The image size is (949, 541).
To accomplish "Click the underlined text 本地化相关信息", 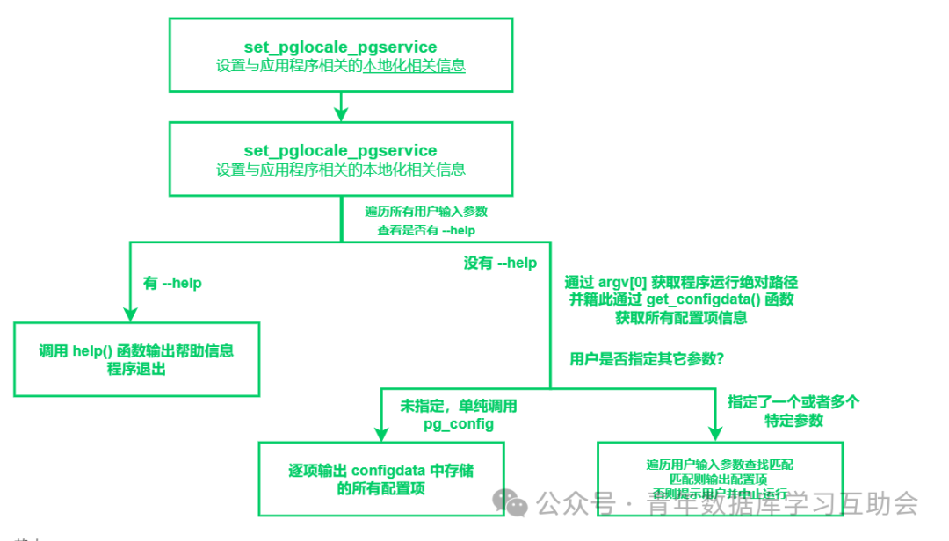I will (414, 65).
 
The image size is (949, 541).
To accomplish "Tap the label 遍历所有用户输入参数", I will (426, 212).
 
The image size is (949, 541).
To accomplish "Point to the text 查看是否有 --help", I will (426, 230).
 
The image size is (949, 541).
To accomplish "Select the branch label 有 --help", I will (172, 283).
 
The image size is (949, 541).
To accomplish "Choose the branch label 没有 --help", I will (500, 263).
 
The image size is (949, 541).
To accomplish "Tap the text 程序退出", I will (136, 370).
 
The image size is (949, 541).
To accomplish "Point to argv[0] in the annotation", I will (623, 282).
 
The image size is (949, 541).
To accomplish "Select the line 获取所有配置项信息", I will (681, 318).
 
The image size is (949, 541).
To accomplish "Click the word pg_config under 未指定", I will (458, 424).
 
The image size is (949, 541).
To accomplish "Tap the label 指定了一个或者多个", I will (793, 401).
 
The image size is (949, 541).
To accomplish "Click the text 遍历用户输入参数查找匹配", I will (720, 464).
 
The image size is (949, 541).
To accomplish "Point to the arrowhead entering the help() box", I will (129, 314).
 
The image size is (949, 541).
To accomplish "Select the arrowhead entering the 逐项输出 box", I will (380, 432).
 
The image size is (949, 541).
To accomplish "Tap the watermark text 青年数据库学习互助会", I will (782, 504).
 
